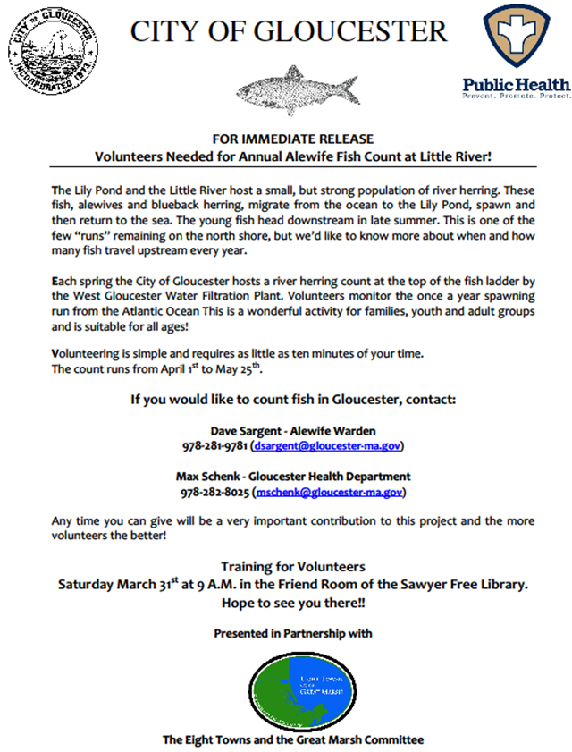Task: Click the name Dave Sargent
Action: coord(239,429)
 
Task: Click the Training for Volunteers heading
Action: coord(293,567)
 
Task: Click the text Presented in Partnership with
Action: coord(293,633)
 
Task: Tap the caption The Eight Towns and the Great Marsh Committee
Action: coord(293,739)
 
